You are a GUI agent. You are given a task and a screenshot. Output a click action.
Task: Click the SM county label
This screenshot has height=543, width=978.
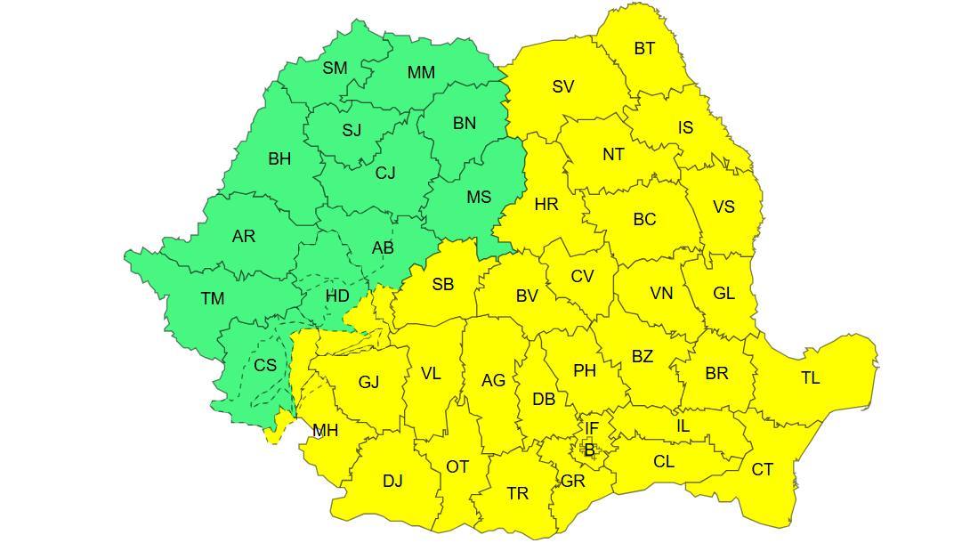tap(335, 69)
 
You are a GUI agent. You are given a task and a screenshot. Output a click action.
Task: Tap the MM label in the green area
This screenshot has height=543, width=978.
tap(421, 73)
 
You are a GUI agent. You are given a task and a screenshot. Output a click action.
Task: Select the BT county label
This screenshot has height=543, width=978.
tap(644, 49)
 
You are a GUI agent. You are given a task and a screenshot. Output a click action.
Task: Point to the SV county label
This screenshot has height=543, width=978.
tap(562, 87)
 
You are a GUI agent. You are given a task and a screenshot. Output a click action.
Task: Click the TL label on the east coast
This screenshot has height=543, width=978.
tap(810, 378)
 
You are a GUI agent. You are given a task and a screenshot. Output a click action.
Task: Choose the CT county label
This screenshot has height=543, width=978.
tap(762, 470)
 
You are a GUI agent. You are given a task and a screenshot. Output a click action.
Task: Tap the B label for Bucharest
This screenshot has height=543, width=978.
tap(589, 451)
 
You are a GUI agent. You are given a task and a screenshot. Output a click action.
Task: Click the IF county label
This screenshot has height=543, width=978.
tap(591, 429)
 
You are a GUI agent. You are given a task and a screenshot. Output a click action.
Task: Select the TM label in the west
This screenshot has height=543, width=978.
tap(212, 299)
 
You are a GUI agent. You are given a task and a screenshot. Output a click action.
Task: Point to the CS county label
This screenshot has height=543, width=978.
tap(264, 366)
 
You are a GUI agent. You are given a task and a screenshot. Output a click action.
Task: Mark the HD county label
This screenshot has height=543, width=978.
tap(337, 296)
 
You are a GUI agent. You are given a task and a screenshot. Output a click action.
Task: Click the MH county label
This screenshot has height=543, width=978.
tap(325, 431)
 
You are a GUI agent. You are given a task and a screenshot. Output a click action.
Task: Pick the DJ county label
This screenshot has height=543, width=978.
tap(392, 482)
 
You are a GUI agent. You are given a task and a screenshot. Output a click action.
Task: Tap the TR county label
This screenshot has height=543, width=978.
tap(517, 494)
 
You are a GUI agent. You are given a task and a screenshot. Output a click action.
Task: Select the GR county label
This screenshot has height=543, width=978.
tap(572, 482)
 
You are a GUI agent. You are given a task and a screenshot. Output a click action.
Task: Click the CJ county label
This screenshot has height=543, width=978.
tap(384, 174)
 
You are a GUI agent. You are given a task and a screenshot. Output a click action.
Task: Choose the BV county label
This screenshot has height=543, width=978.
tap(527, 296)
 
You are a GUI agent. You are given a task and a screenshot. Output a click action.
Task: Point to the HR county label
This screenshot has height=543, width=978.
tap(546, 205)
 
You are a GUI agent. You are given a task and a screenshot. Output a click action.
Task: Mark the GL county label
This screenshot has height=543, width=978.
tap(723, 293)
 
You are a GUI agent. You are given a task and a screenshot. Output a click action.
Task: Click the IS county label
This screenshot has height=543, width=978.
tap(684, 128)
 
